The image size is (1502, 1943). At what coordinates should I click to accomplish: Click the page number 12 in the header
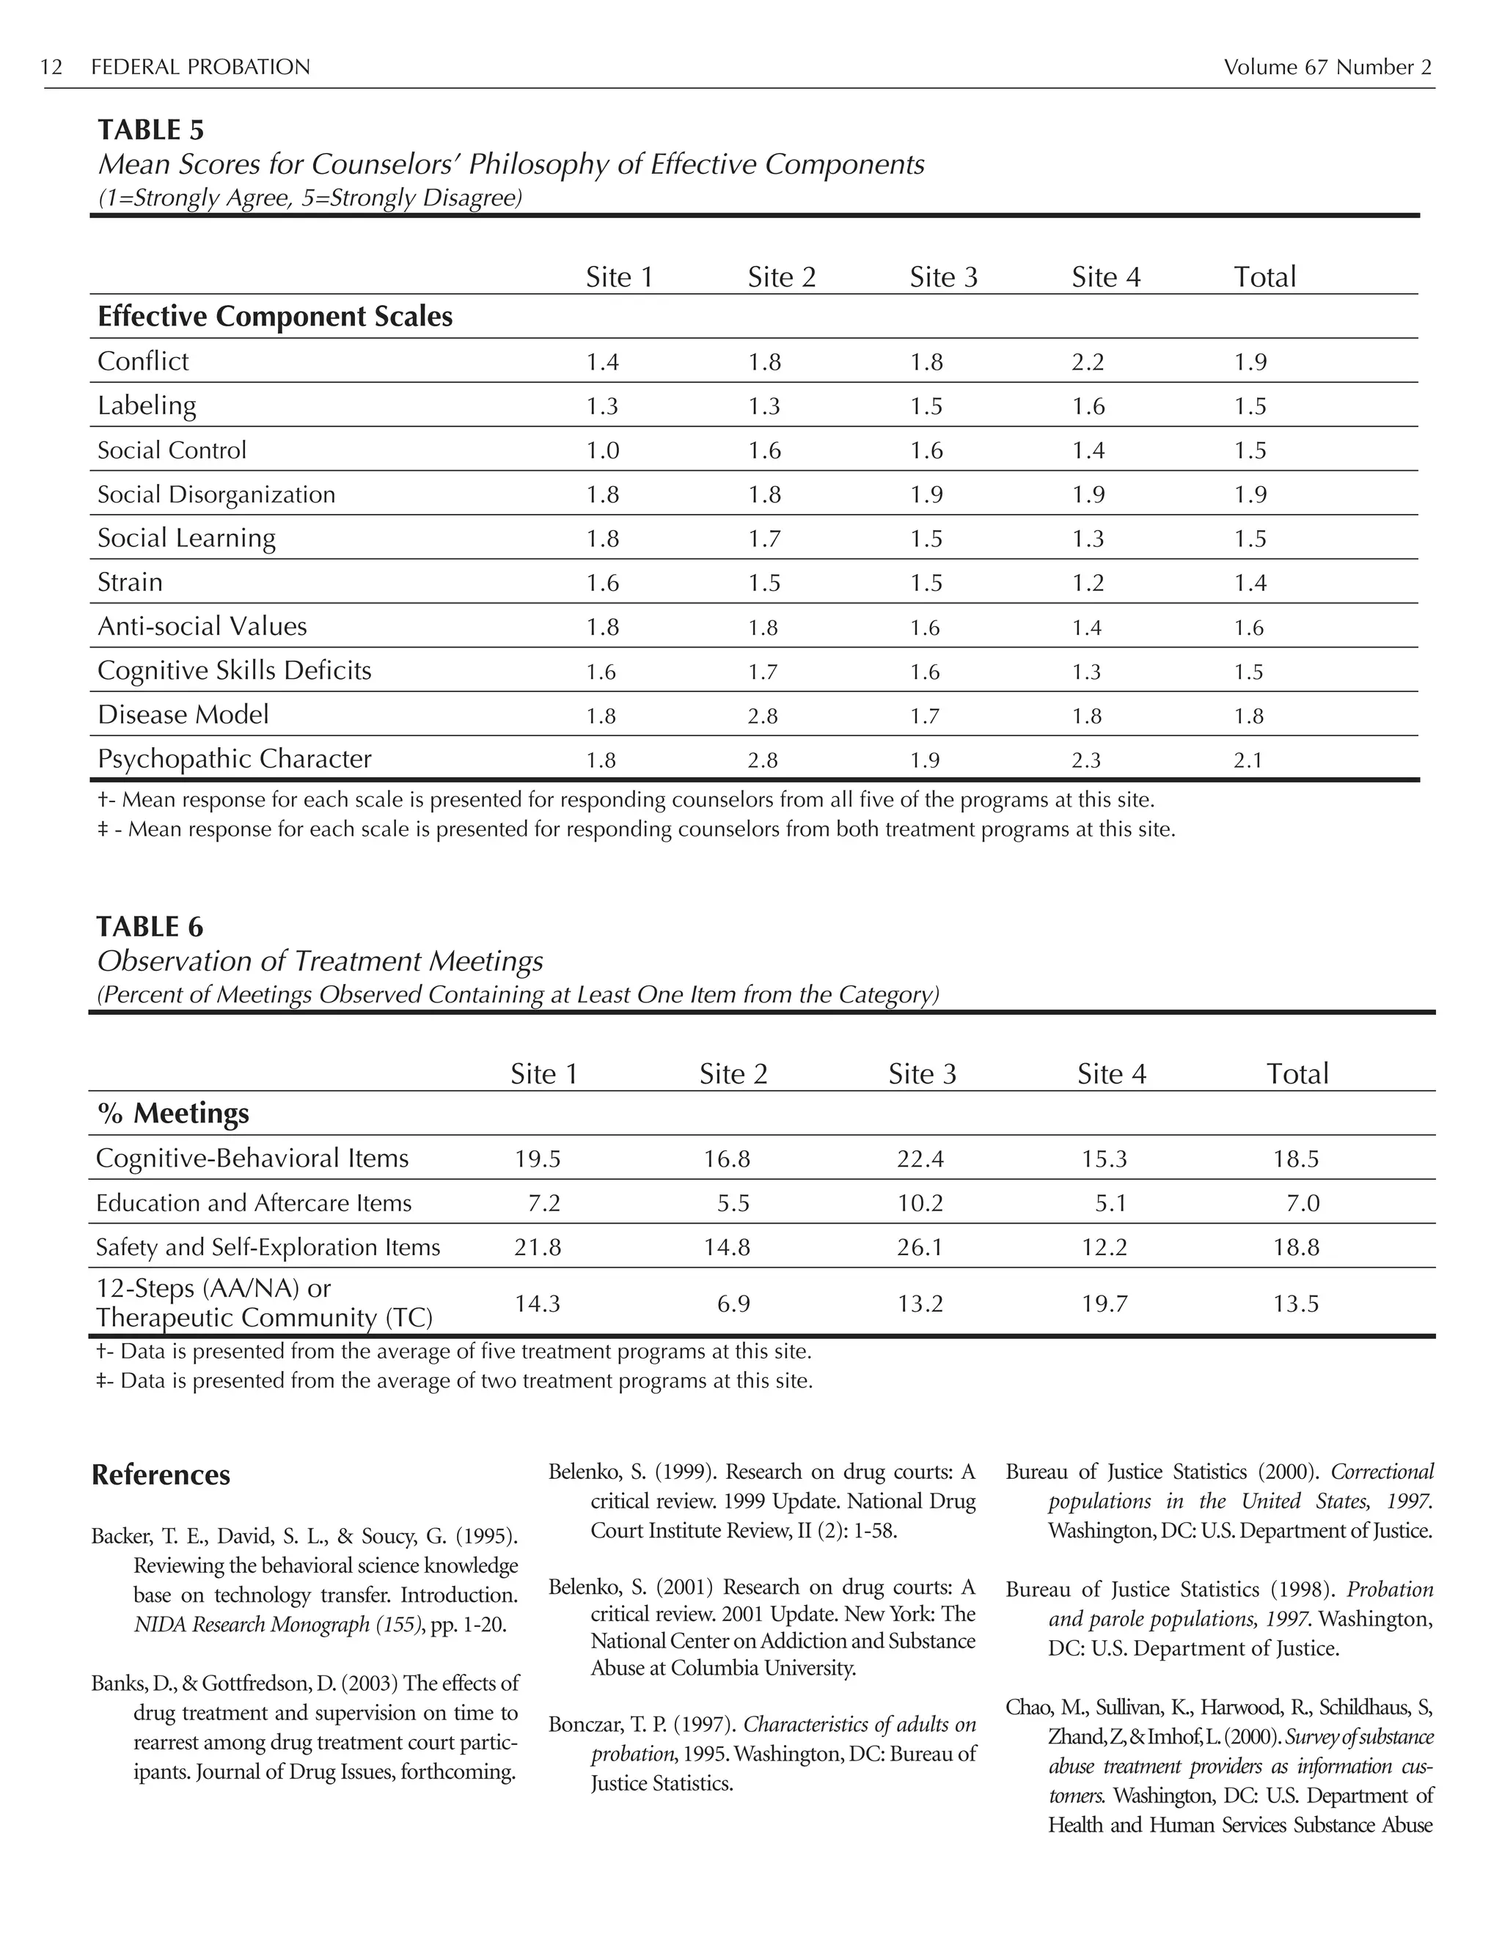(51, 67)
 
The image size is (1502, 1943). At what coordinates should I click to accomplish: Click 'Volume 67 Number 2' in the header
(1327, 67)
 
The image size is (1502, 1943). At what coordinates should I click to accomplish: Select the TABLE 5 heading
(150, 130)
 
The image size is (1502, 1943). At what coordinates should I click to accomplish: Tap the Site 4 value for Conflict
(1088, 362)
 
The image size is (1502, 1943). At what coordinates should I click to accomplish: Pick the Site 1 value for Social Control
(602, 451)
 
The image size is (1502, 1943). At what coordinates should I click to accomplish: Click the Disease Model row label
(183, 714)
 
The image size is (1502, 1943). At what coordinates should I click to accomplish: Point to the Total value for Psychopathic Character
(1248, 760)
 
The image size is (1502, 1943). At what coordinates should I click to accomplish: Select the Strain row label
(130, 582)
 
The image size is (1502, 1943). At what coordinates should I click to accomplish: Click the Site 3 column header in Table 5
(943, 278)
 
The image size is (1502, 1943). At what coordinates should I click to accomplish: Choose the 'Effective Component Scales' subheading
(275, 317)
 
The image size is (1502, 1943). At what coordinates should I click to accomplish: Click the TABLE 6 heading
(150, 927)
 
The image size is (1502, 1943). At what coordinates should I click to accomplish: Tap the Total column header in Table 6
(1297, 1074)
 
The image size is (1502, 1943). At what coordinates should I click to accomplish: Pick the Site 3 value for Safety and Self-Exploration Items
(920, 1247)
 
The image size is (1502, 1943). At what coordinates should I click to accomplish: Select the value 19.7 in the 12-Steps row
(1104, 1304)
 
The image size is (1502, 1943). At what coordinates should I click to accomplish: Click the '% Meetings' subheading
(172, 1114)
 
